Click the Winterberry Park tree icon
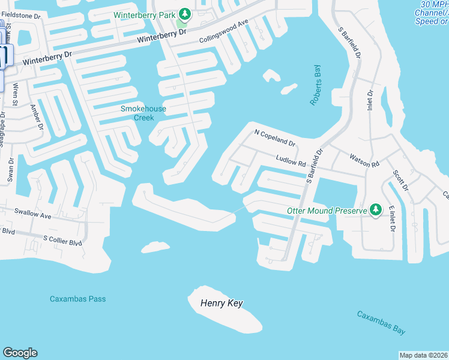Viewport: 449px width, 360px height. click(185, 13)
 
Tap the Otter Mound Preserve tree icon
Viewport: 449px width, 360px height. click(376, 209)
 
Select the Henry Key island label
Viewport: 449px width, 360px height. click(221, 304)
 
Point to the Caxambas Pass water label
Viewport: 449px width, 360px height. click(78, 299)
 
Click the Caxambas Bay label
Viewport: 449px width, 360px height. click(381, 323)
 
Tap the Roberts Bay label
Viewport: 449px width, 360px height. click(315, 86)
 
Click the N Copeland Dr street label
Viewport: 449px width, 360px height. click(276, 138)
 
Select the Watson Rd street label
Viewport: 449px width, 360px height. click(364, 160)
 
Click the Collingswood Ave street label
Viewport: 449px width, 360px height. click(223, 32)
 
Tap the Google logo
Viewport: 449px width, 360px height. click(20, 353)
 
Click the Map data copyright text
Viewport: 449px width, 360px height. click(423, 355)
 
